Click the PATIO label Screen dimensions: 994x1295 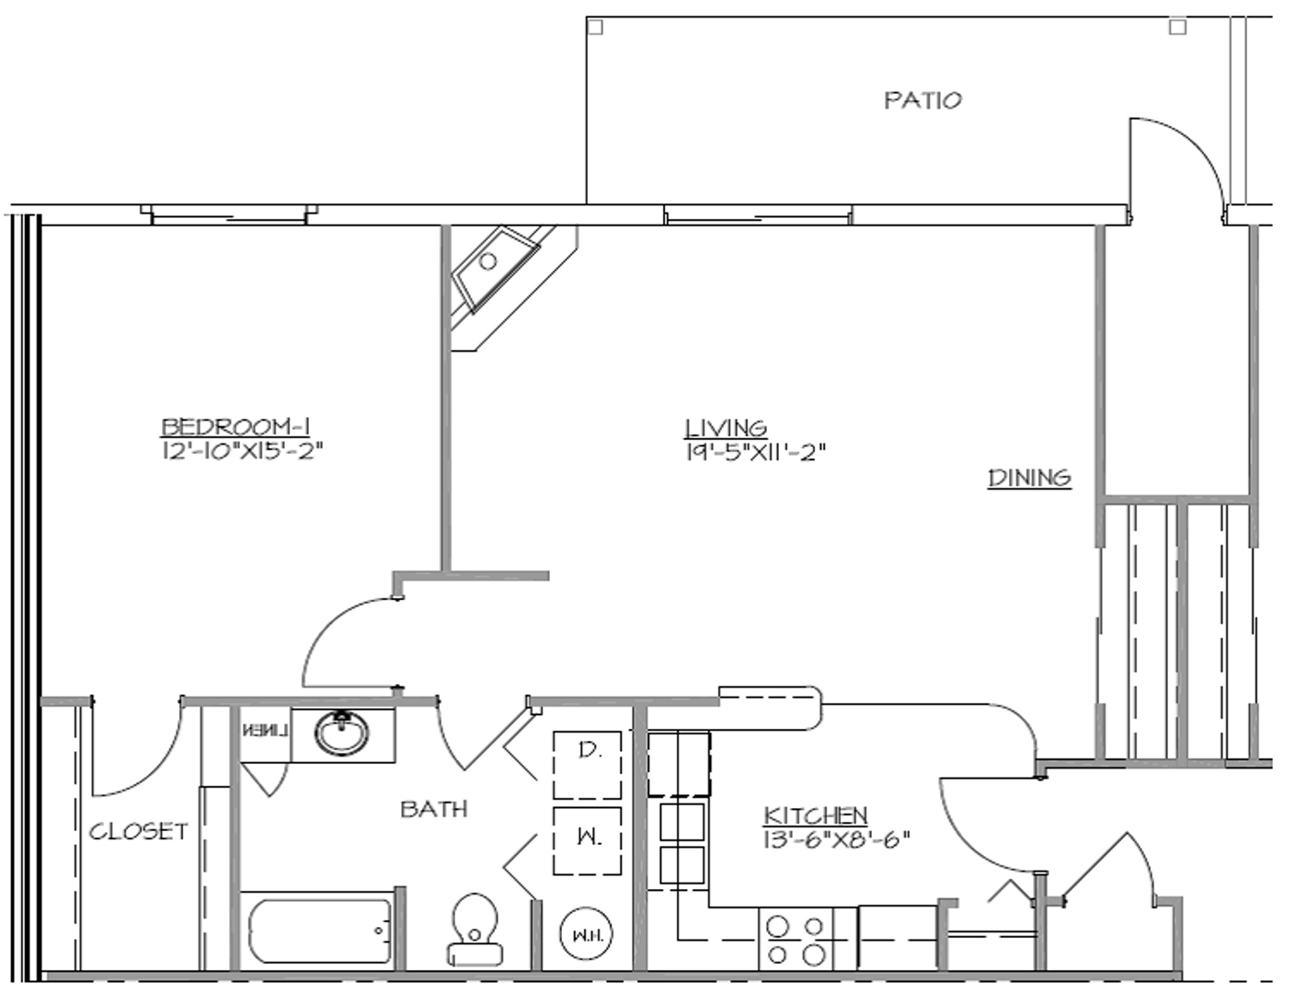[x=923, y=100]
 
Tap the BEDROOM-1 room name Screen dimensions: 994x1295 [x=235, y=426]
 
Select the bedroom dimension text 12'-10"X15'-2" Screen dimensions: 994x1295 [x=242, y=451]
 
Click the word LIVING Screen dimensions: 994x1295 [x=726, y=428]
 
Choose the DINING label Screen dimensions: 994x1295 [x=1029, y=478]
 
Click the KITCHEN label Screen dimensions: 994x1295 [x=815, y=815]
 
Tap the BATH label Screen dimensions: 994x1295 [x=433, y=809]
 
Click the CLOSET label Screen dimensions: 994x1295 [x=138, y=831]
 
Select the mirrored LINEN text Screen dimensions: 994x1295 [x=265, y=732]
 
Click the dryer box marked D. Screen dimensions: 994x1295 [x=587, y=765]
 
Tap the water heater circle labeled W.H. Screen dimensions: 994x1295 [x=586, y=935]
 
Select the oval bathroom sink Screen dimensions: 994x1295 [x=342, y=734]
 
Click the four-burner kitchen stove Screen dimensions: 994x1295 [x=796, y=939]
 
